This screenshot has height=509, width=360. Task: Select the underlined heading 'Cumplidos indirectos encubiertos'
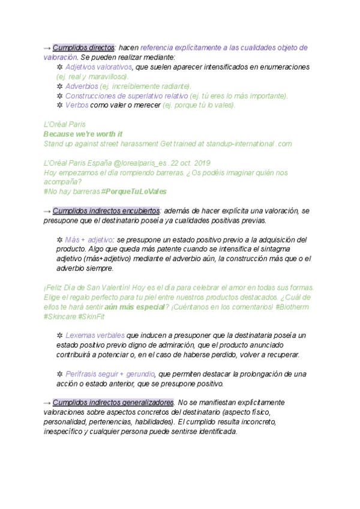point(106,211)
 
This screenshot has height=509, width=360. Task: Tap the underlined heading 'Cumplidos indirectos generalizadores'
point(113,402)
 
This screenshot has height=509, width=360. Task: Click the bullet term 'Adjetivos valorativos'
point(99,67)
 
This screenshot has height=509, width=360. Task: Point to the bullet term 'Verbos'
point(76,105)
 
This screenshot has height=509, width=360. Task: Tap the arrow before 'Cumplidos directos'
point(47,47)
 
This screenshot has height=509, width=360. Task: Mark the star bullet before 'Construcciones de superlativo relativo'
point(59,96)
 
